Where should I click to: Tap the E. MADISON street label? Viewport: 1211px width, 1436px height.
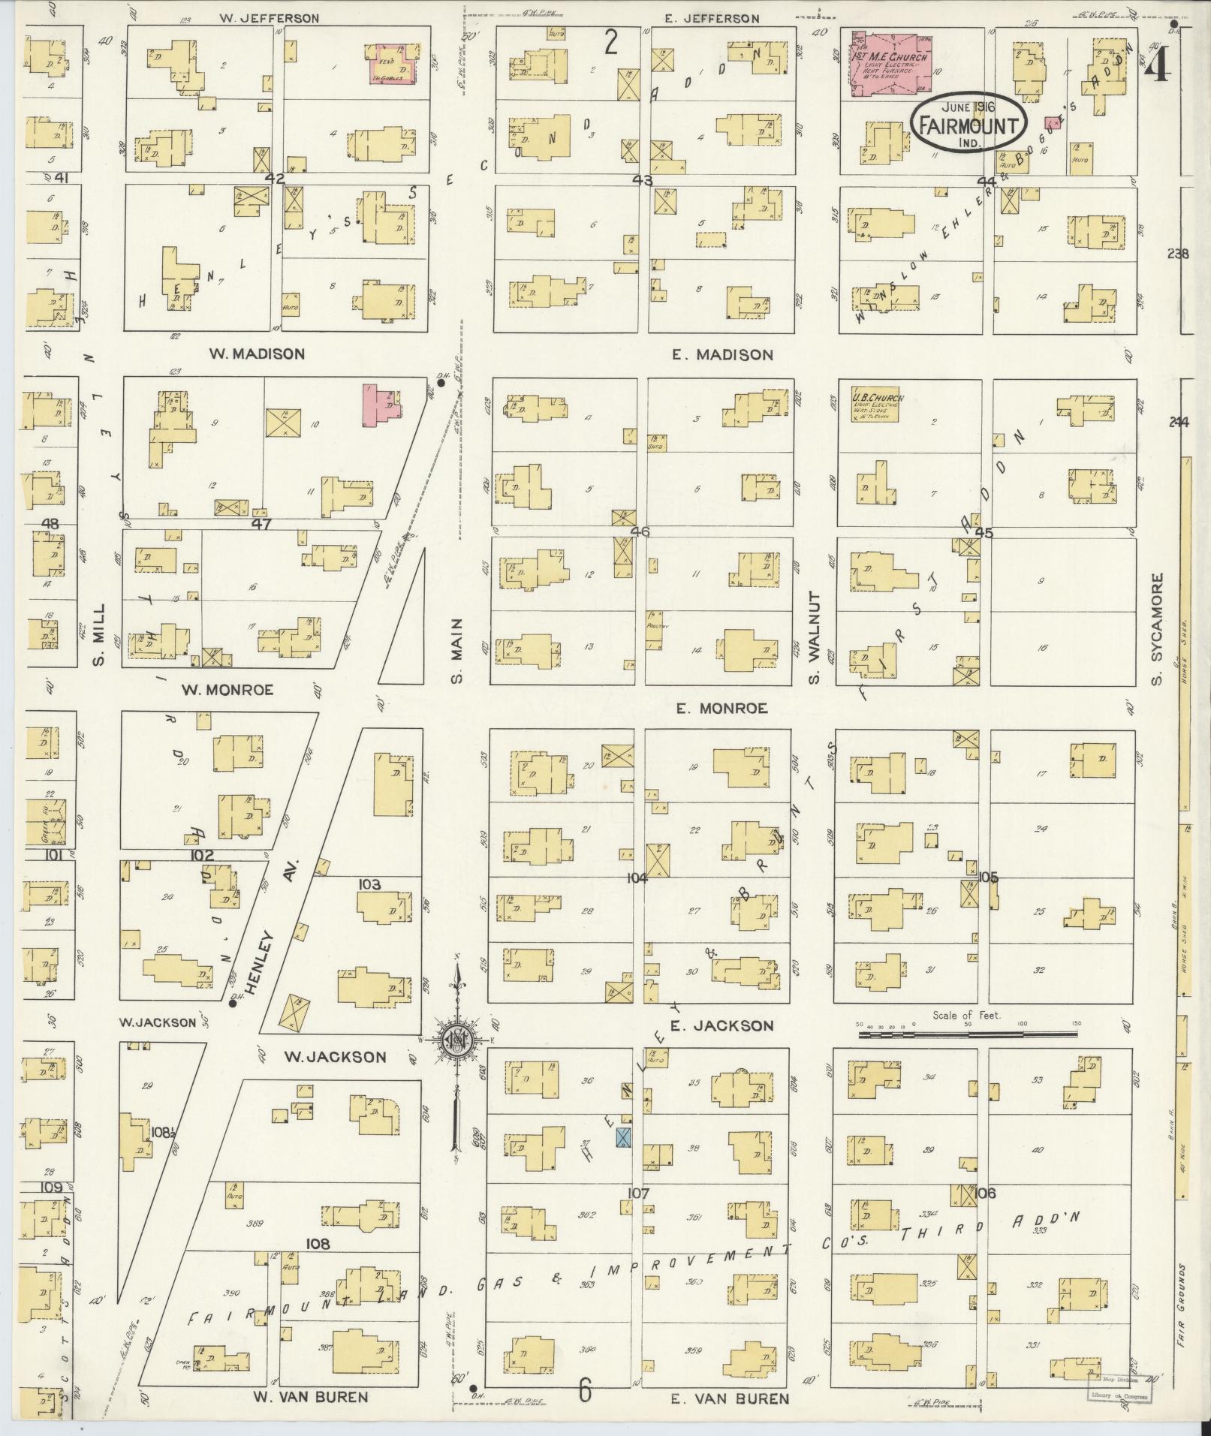pyautogui.click(x=722, y=354)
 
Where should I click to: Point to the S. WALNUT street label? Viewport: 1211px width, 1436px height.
pyautogui.click(x=815, y=637)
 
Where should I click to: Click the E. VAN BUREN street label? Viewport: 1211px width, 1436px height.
pyautogui.click(x=729, y=1398)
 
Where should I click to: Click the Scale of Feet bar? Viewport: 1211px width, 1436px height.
pyautogui.click(x=968, y=1034)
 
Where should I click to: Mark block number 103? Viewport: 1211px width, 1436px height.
pyautogui.click(x=370, y=884)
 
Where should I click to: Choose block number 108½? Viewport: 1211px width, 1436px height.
pyautogui.click(x=162, y=1132)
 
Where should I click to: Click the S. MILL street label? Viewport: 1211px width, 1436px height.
pyautogui.click(x=98, y=634)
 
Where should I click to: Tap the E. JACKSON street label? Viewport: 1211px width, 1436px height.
pyautogui.click(x=722, y=1025)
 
